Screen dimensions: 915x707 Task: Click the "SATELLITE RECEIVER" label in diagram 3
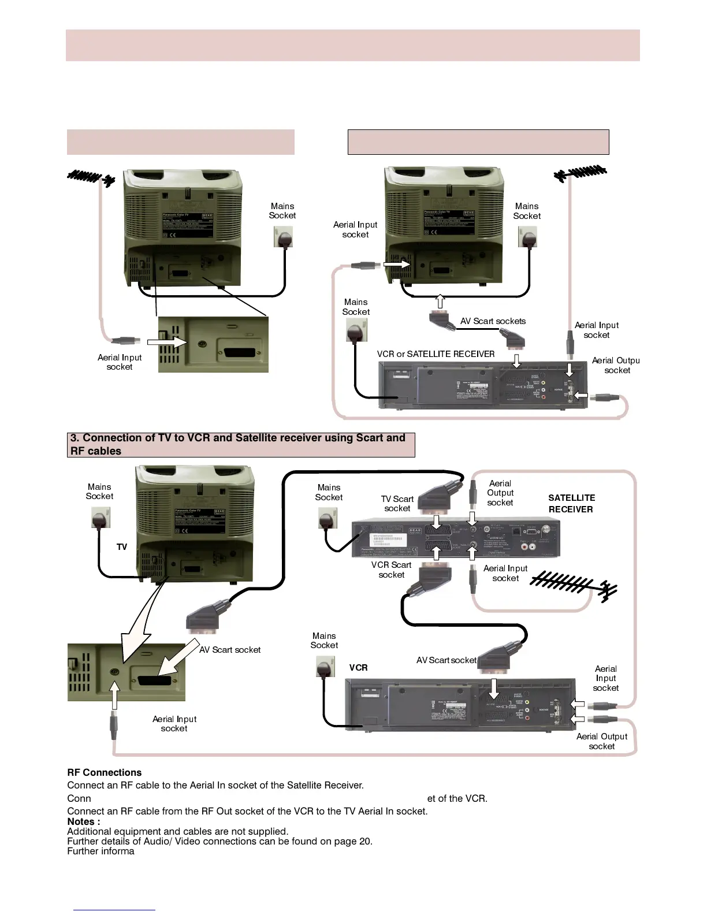pyautogui.click(x=571, y=503)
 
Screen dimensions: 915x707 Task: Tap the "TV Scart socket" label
pyautogui.click(x=397, y=503)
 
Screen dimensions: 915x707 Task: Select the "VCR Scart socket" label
pyautogui.click(x=391, y=570)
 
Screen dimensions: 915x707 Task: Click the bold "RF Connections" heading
pyautogui.click(x=104, y=772)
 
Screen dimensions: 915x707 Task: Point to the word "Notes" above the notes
pyautogui.click(x=81, y=821)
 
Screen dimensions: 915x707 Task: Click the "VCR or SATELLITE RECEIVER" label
pyautogui.click(x=436, y=354)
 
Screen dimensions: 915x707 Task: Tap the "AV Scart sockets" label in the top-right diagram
pyautogui.click(x=493, y=321)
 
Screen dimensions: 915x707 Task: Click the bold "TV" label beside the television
pyautogui.click(x=122, y=546)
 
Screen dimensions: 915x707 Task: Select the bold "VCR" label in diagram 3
pyautogui.click(x=358, y=667)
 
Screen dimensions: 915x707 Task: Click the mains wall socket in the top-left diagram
pyautogui.click(x=283, y=236)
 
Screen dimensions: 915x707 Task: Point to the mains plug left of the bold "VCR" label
pyautogui.click(x=326, y=667)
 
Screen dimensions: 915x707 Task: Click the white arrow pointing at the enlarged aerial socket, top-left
pyautogui.click(x=168, y=343)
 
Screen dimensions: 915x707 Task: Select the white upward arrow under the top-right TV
pyautogui.click(x=440, y=301)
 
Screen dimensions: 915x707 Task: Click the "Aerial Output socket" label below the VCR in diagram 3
pyautogui.click(x=601, y=741)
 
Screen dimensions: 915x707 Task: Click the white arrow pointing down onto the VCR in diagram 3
pyautogui.click(x=493, y=688)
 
